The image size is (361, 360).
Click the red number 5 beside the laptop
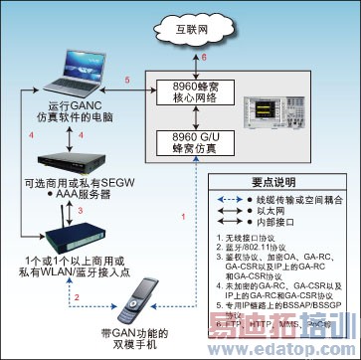[x=125, y=78]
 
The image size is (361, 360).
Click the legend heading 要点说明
[x=292, y=184]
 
